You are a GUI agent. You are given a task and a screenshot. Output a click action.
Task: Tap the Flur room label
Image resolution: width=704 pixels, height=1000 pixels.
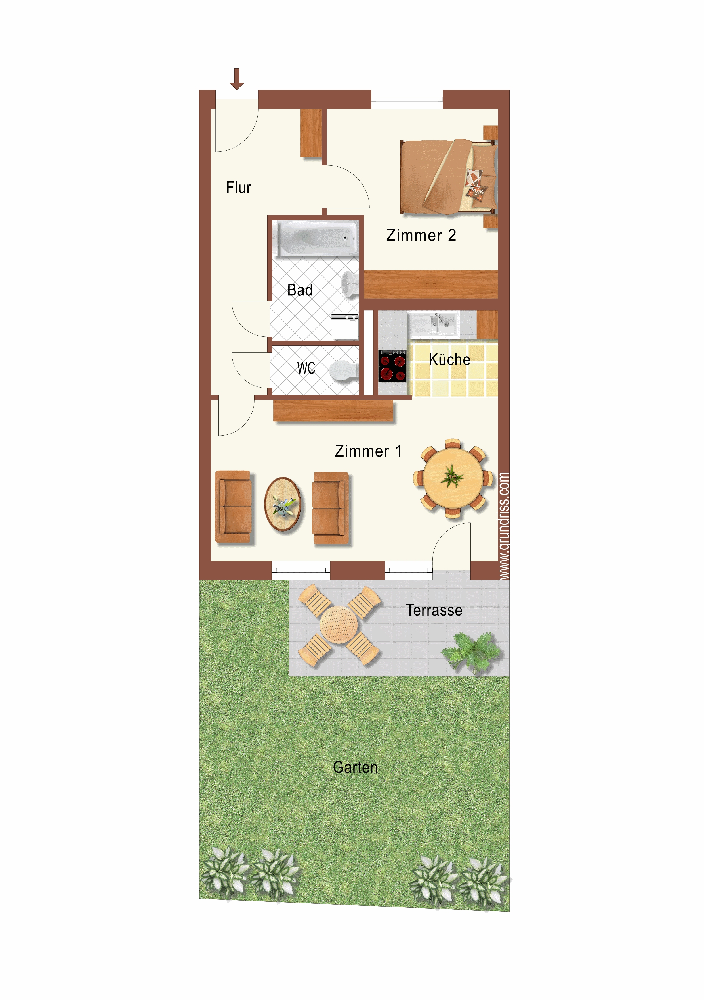(x=238, y=188)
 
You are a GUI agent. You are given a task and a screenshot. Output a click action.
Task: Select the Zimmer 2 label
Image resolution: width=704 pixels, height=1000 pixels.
(x=421, y=235)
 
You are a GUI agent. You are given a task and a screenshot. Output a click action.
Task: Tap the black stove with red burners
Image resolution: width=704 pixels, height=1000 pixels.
(x=392, y=366)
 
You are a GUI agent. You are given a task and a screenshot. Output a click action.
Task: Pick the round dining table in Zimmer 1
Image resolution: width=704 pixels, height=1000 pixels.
(x=453, y=478)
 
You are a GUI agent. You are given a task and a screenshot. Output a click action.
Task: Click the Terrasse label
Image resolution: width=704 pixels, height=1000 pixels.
(x=434, y=610)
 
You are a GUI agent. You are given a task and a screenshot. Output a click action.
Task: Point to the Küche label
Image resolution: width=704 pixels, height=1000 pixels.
(x=449, y=359)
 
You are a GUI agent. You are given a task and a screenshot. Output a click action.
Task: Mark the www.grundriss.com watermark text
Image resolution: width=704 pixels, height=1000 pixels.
(x=504, y=526)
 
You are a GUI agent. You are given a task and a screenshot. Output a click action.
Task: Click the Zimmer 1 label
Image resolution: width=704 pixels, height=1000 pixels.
(x=368, y=451)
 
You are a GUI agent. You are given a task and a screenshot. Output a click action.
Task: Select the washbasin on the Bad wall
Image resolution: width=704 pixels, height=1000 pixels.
(x=350, y=284)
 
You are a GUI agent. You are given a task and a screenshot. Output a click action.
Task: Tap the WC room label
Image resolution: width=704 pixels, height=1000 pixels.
(x=306, y=368)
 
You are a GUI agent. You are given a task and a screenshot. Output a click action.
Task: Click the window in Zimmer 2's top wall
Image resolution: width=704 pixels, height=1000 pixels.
(x=407, y=99)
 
